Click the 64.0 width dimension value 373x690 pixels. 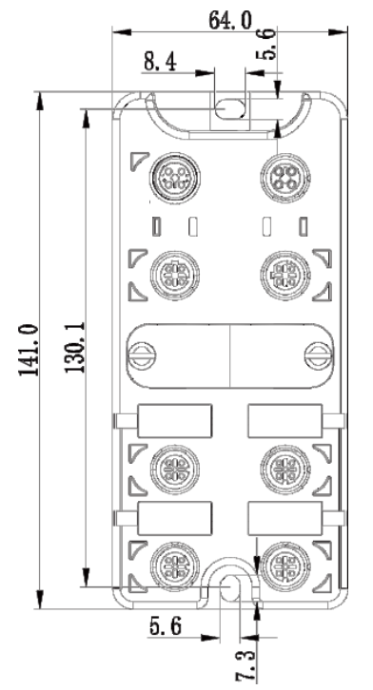pos(230,20)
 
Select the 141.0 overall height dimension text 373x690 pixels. pos(29,351)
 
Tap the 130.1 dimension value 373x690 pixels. pos(75,347)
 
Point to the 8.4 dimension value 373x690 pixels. pos(160,62)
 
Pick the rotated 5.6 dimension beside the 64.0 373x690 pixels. pos(266,43)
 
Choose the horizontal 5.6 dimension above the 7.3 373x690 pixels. pos(166,625)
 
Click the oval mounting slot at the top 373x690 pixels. pos(230,108)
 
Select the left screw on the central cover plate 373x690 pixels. pos(143,355)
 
